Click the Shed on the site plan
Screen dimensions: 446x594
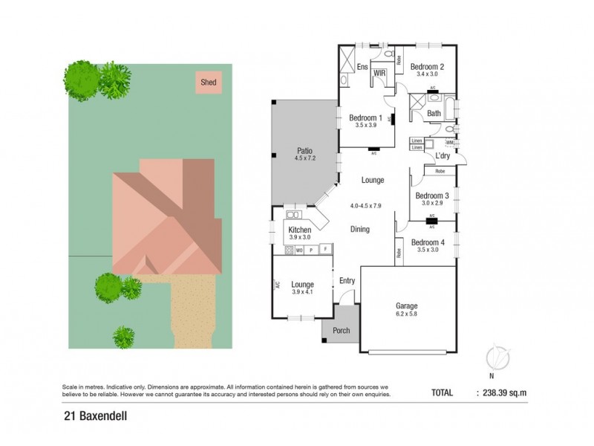tap(209, 83)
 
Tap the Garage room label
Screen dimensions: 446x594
tap(406, 306)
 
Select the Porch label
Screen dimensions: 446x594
tap(341, 331)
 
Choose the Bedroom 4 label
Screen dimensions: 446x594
tap(428, 242)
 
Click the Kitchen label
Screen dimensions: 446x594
tap(300, 230)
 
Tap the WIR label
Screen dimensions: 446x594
tap(379, 73)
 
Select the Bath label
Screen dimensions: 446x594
tap(434, 114)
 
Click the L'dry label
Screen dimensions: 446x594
tap(443, 155)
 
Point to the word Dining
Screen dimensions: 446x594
tap(360, 230)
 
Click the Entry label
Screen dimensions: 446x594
tap(347, 280)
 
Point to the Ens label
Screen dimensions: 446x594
tap(362, 68)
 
